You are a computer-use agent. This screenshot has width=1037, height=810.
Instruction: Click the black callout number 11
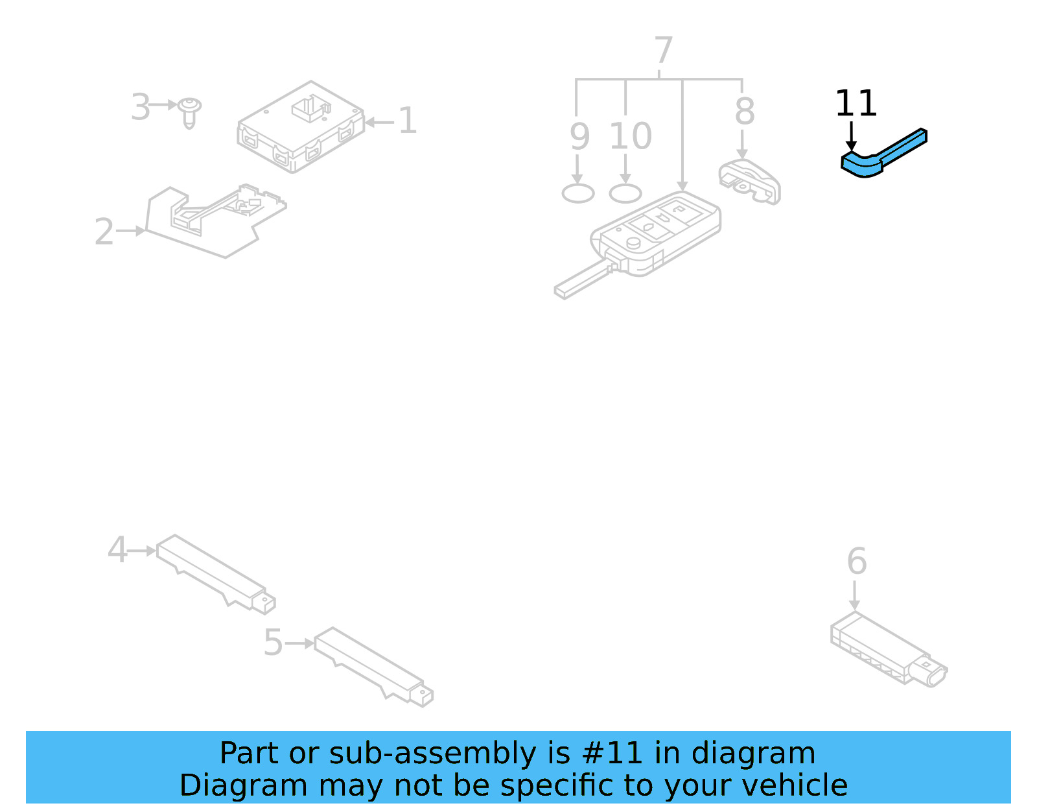[x=856, y=104]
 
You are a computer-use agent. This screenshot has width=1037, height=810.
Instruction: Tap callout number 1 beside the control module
[x=407, y=121]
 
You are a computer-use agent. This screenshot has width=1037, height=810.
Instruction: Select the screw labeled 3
[x=189, y=112]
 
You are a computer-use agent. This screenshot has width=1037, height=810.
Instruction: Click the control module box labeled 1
[x=299, y=128]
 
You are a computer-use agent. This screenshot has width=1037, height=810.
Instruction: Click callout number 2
[x=104, y=232]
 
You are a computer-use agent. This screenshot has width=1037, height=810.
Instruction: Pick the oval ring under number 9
[x=577, y=193]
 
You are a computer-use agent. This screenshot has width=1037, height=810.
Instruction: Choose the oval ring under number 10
[x=625, y=193]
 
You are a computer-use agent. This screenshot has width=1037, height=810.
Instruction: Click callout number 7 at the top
[x=663, y=51]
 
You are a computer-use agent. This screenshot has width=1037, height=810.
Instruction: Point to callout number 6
[x=856, y=561]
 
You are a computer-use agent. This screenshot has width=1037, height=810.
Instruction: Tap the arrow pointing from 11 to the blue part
[x=851, y=137]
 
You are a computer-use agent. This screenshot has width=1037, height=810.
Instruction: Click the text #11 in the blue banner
[x=611, y=754]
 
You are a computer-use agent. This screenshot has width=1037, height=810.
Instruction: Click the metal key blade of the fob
[x=580, y=280]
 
